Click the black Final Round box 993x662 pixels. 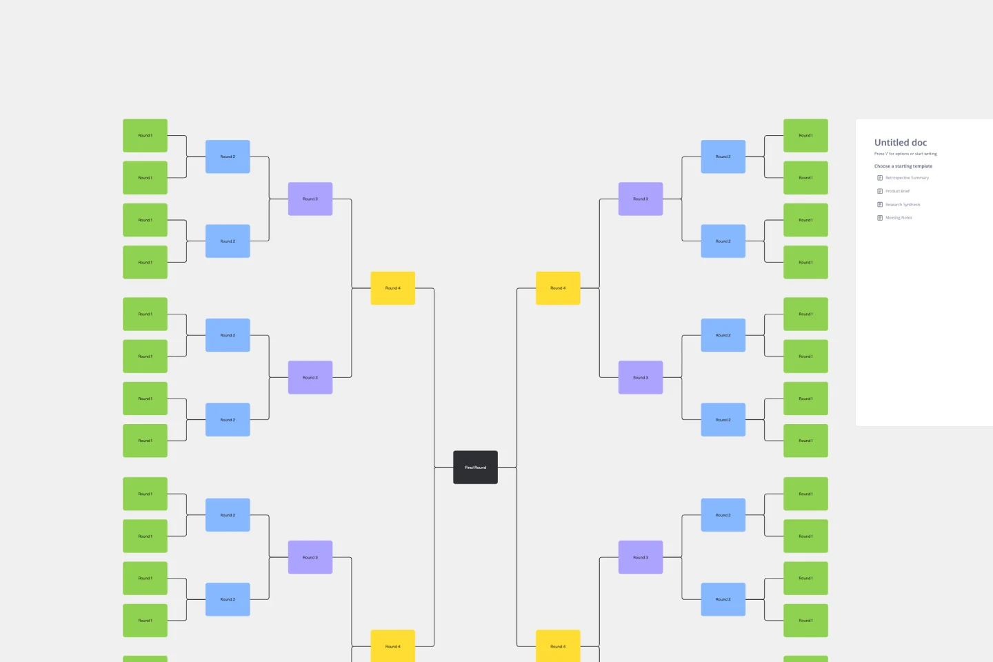475,468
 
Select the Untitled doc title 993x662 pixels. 901,143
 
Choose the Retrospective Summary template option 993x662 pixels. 907,178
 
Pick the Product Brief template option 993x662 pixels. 897,191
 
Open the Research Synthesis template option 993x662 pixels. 903,205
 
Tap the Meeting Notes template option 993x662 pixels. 899,218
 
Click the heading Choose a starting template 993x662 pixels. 903,166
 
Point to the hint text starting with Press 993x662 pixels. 905,154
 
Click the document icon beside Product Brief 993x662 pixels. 880,191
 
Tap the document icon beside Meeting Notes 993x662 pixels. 880,218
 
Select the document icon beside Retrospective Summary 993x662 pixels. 880,178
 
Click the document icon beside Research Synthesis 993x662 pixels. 880,205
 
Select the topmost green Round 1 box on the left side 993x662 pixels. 145,136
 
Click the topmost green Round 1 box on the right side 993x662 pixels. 805,136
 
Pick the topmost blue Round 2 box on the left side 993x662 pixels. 228,157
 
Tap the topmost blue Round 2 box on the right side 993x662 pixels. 723,157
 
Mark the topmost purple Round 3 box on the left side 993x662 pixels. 310,199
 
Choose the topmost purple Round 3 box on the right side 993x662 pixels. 641,199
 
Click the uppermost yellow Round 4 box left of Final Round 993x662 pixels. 392,288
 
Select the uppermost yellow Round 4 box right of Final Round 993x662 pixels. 558,288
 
